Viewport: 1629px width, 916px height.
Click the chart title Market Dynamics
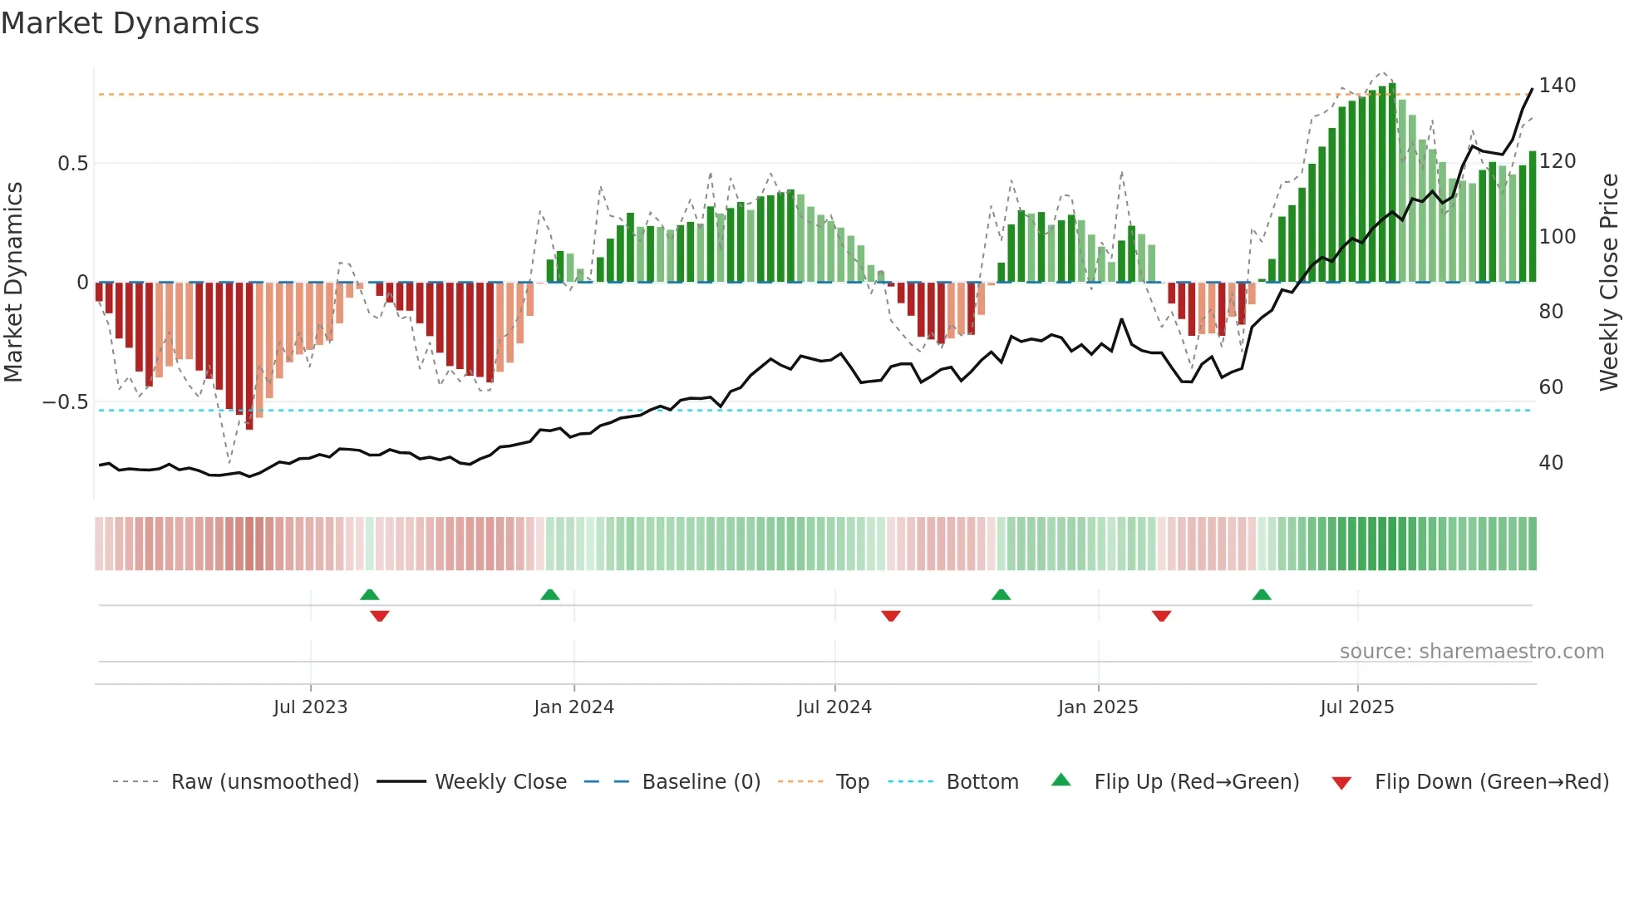coord(130,23)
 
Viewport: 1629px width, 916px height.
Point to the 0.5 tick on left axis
coord(72,164)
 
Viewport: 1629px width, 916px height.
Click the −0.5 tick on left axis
coord(66,402)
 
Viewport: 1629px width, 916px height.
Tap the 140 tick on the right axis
coord(1557,86)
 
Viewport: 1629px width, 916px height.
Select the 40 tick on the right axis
coord(1550,463)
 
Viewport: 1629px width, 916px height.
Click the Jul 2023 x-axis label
coord(310,707)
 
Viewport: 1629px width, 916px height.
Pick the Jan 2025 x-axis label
coord(1097,707)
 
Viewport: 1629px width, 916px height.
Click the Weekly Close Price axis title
coord(1609,283)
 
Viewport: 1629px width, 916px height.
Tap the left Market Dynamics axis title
coord(13,283)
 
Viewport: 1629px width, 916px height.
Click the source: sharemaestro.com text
coord(1471,652)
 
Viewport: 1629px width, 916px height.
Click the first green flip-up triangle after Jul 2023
coord(370,594)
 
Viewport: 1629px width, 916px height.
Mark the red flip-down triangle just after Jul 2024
coord(891,616)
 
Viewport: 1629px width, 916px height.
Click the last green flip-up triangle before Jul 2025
coord(1262,594)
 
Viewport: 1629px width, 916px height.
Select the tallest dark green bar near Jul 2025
coord(1392,183)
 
